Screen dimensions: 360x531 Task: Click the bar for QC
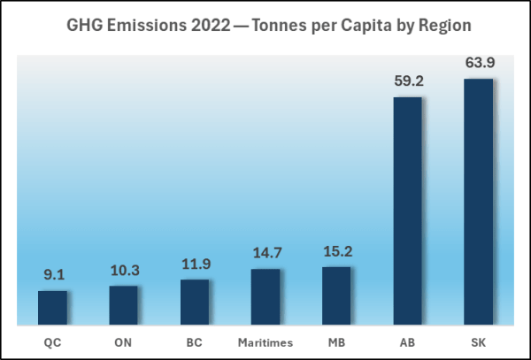[x=52, y=308]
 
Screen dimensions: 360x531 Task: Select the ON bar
[x=123, y=305]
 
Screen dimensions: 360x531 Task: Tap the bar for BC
[x=194, y=303]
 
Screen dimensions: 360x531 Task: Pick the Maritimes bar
[x=265, y=297]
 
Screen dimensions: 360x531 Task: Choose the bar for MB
[x=336, y=295]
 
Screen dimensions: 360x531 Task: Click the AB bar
[x=407, y=211]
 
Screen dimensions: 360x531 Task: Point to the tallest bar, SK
[x=478, y=202]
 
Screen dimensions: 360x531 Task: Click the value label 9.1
[x=52, y=274]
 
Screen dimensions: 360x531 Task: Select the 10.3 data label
[x=123, y=269]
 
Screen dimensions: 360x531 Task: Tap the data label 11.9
[x=194, y=264]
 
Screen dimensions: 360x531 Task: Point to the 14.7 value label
[x=265, y=253]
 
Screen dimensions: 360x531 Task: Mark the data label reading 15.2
[x=336, y=250]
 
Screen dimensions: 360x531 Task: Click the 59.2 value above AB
[x=407, y=81]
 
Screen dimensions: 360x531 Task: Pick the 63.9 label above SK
[x=478, y=63]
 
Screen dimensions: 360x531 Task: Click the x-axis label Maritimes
[x=265, y=341]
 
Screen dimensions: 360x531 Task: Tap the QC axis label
[x=52, y=341]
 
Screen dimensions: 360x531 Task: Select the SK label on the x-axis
[x=478, y=341]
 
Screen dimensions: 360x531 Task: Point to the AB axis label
[x=407, y=341]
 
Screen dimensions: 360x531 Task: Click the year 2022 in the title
[x=204, y=26]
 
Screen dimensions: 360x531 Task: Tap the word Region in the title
[x=438, y=26]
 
